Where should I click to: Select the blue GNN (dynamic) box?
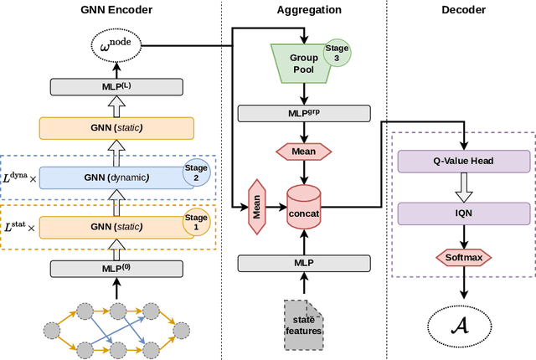[x=116, y=177]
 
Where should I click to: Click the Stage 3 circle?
[x=338, y=53]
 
